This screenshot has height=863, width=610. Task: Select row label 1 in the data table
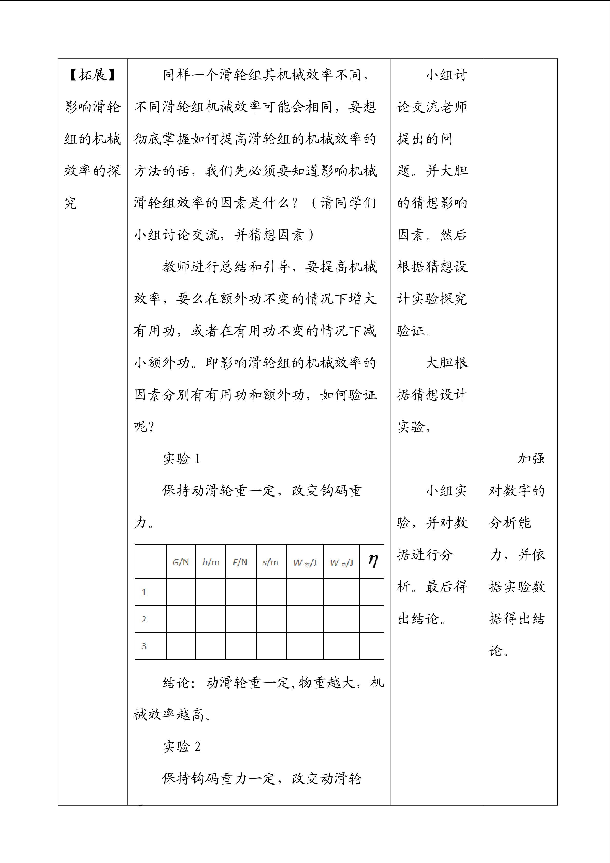coord(144,592)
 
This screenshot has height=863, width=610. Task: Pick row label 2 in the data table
coord(144,619)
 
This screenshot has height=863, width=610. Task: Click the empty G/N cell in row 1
coord(181,592)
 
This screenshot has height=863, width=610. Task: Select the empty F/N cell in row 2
coord(241,619)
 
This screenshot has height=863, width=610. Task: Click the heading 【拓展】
coord(92,75)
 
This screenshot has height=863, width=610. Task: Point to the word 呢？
coord(144,427)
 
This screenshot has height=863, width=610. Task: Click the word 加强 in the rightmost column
coord(531,459)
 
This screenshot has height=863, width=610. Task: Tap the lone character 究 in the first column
coord(71,203)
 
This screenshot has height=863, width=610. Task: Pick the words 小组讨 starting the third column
coord(447,75)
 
